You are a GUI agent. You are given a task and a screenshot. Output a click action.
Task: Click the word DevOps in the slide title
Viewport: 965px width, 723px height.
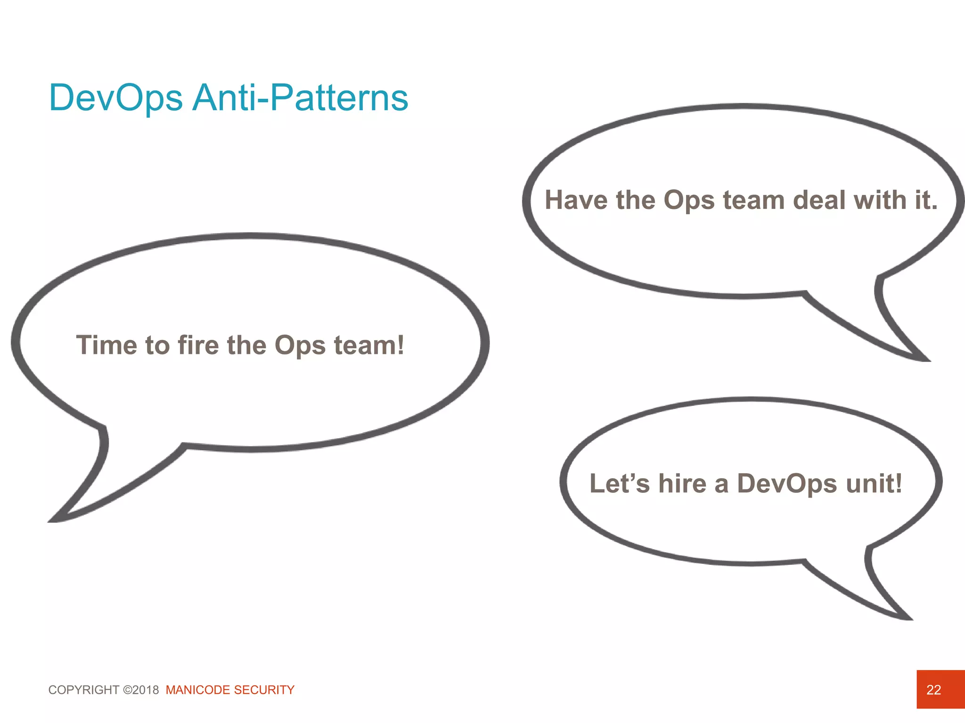pos(116,98)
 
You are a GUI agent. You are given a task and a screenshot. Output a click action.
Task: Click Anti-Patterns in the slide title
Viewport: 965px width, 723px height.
pos(301,98)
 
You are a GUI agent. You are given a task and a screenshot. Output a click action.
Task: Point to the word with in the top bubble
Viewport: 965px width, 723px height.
pos(881,200)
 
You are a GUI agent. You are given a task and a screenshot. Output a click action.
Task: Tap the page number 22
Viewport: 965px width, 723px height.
pos(933,690)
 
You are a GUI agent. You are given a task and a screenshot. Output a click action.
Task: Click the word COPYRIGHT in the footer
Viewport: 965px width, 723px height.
pos(84,690)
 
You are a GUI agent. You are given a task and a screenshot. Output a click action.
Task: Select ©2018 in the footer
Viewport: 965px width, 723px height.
pos(141,690)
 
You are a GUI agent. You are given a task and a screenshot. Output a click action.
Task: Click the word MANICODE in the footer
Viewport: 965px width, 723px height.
pos(198,690)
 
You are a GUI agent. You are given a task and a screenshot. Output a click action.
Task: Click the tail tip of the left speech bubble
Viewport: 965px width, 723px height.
pos(51,521)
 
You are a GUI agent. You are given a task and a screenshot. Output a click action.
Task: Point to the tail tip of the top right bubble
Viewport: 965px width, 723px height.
pos(928,361)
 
